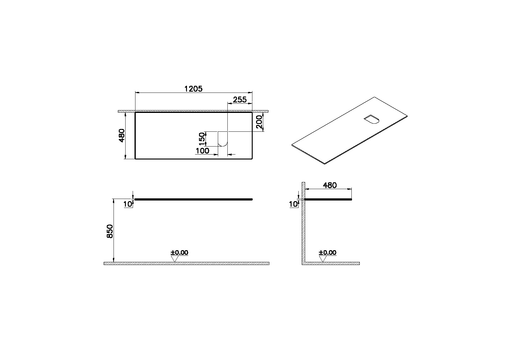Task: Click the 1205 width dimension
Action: point(193,89)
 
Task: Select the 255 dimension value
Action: point(240,99)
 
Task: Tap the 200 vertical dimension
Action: point(259,122)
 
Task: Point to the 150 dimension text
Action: point(202,139)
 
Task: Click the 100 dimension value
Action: point(202,151)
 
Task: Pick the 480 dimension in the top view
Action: point(122,135)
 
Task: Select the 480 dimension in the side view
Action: point(330,185)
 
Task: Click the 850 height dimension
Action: point(110,231)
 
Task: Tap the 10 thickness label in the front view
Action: point(128,204)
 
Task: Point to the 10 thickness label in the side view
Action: point(293,204)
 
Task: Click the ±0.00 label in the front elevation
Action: point(179,253)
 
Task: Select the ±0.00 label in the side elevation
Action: point(328,253)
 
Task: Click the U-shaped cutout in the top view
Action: point(223,139)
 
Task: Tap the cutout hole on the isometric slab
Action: point(371,120)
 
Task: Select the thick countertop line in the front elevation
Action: point(194,200)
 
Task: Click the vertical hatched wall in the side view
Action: point(303,228)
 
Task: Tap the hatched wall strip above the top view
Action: point(193,111)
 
